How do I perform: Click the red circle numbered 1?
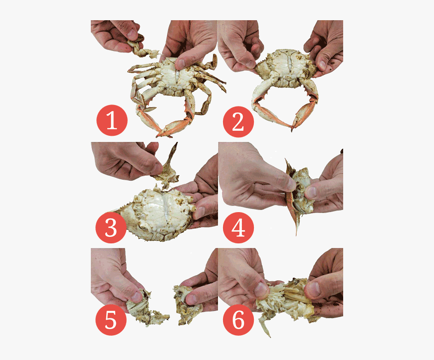112,122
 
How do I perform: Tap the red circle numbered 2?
238,122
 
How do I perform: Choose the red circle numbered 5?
111,320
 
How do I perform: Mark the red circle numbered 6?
238,320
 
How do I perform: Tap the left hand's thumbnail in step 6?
260,289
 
